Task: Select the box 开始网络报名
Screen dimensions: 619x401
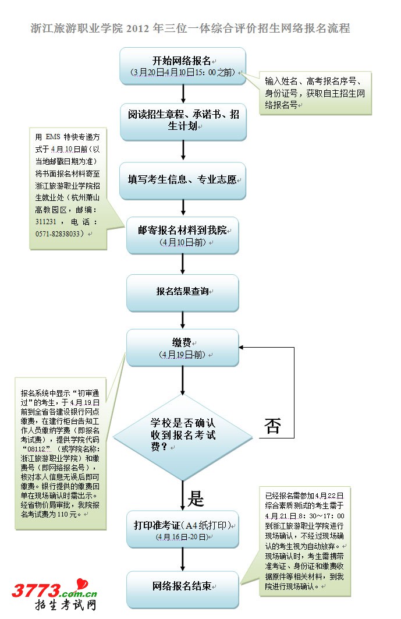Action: pyautogui.click(x=183, y=66)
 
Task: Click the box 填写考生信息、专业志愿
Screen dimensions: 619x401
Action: pyautogui.click(x=183, y=180)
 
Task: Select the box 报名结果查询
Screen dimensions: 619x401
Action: pyautogui.click(x=183, y=292)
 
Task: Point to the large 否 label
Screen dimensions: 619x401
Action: pyautogui.click(x=272, y=426)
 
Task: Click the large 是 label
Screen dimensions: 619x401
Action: pyautogui.click(x=196, y=498)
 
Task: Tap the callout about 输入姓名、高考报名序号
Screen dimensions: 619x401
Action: pyautogui.click(x=315, y=93)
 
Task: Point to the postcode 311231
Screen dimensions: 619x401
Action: pyautogui.click(x=47, y=222)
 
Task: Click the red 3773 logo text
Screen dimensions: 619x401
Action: pyautogui.click(x=36, y=590)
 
